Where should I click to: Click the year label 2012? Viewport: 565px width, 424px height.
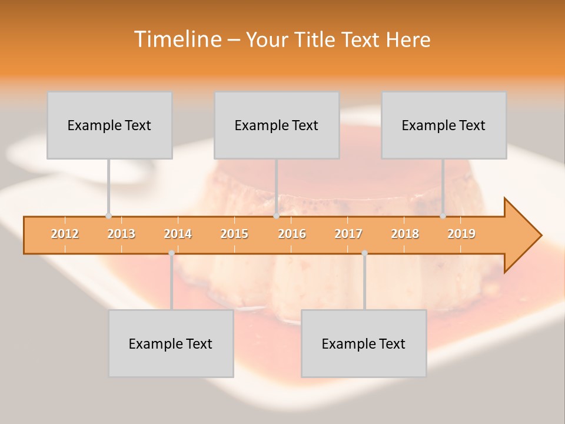[x=65, y=234]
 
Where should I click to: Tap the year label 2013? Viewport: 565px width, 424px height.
[x=121, y=234]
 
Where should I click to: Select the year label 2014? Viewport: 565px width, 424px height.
[x=178, y=234]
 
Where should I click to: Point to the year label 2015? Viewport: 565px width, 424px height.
[x=234, y=234]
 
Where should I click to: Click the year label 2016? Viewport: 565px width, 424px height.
[x=292, y=234]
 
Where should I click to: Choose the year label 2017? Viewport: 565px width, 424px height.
[x=348, y=234]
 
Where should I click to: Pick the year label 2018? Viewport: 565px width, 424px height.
[x=405, y=234]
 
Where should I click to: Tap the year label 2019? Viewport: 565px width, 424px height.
[x=461, y=234]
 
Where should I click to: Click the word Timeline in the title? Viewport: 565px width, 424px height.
[x=177, y=39]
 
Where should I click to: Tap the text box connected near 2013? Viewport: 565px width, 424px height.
[x=109, y=125]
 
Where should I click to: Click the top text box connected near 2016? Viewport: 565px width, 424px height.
[x=277, y=125]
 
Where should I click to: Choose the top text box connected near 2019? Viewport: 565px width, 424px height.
[x=444, y=125]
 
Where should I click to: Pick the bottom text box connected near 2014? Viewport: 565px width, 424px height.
[x=171, y=343]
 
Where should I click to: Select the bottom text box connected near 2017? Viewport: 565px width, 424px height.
[x=364, y=343]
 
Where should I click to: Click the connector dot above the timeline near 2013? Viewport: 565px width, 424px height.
[x=108, y=216]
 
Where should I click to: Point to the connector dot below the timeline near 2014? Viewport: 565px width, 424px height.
[x=171, y=253]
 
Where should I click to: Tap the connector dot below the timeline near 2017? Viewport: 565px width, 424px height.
[x=364, y=253]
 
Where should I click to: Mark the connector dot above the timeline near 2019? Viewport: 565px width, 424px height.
[x=443, y=216]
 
